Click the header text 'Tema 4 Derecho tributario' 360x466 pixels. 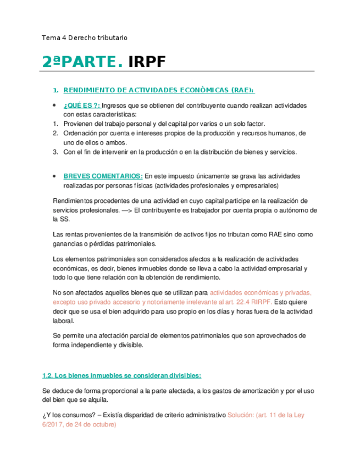(x=85, y=38)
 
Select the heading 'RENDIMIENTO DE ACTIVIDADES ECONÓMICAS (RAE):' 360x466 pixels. (x=159, y=90)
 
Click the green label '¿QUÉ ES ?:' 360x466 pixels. (x=82, y=106)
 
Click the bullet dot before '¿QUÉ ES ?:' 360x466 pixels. (x=54, y=106)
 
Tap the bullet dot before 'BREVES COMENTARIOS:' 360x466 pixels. (x=54, y=176)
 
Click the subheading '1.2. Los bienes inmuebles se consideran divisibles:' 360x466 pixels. (x=121, y=376)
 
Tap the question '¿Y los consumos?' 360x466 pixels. (x=67, y=415)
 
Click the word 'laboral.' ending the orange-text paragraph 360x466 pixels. (x=53, y=321)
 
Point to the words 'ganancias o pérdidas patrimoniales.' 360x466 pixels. (x=99, y=243)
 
